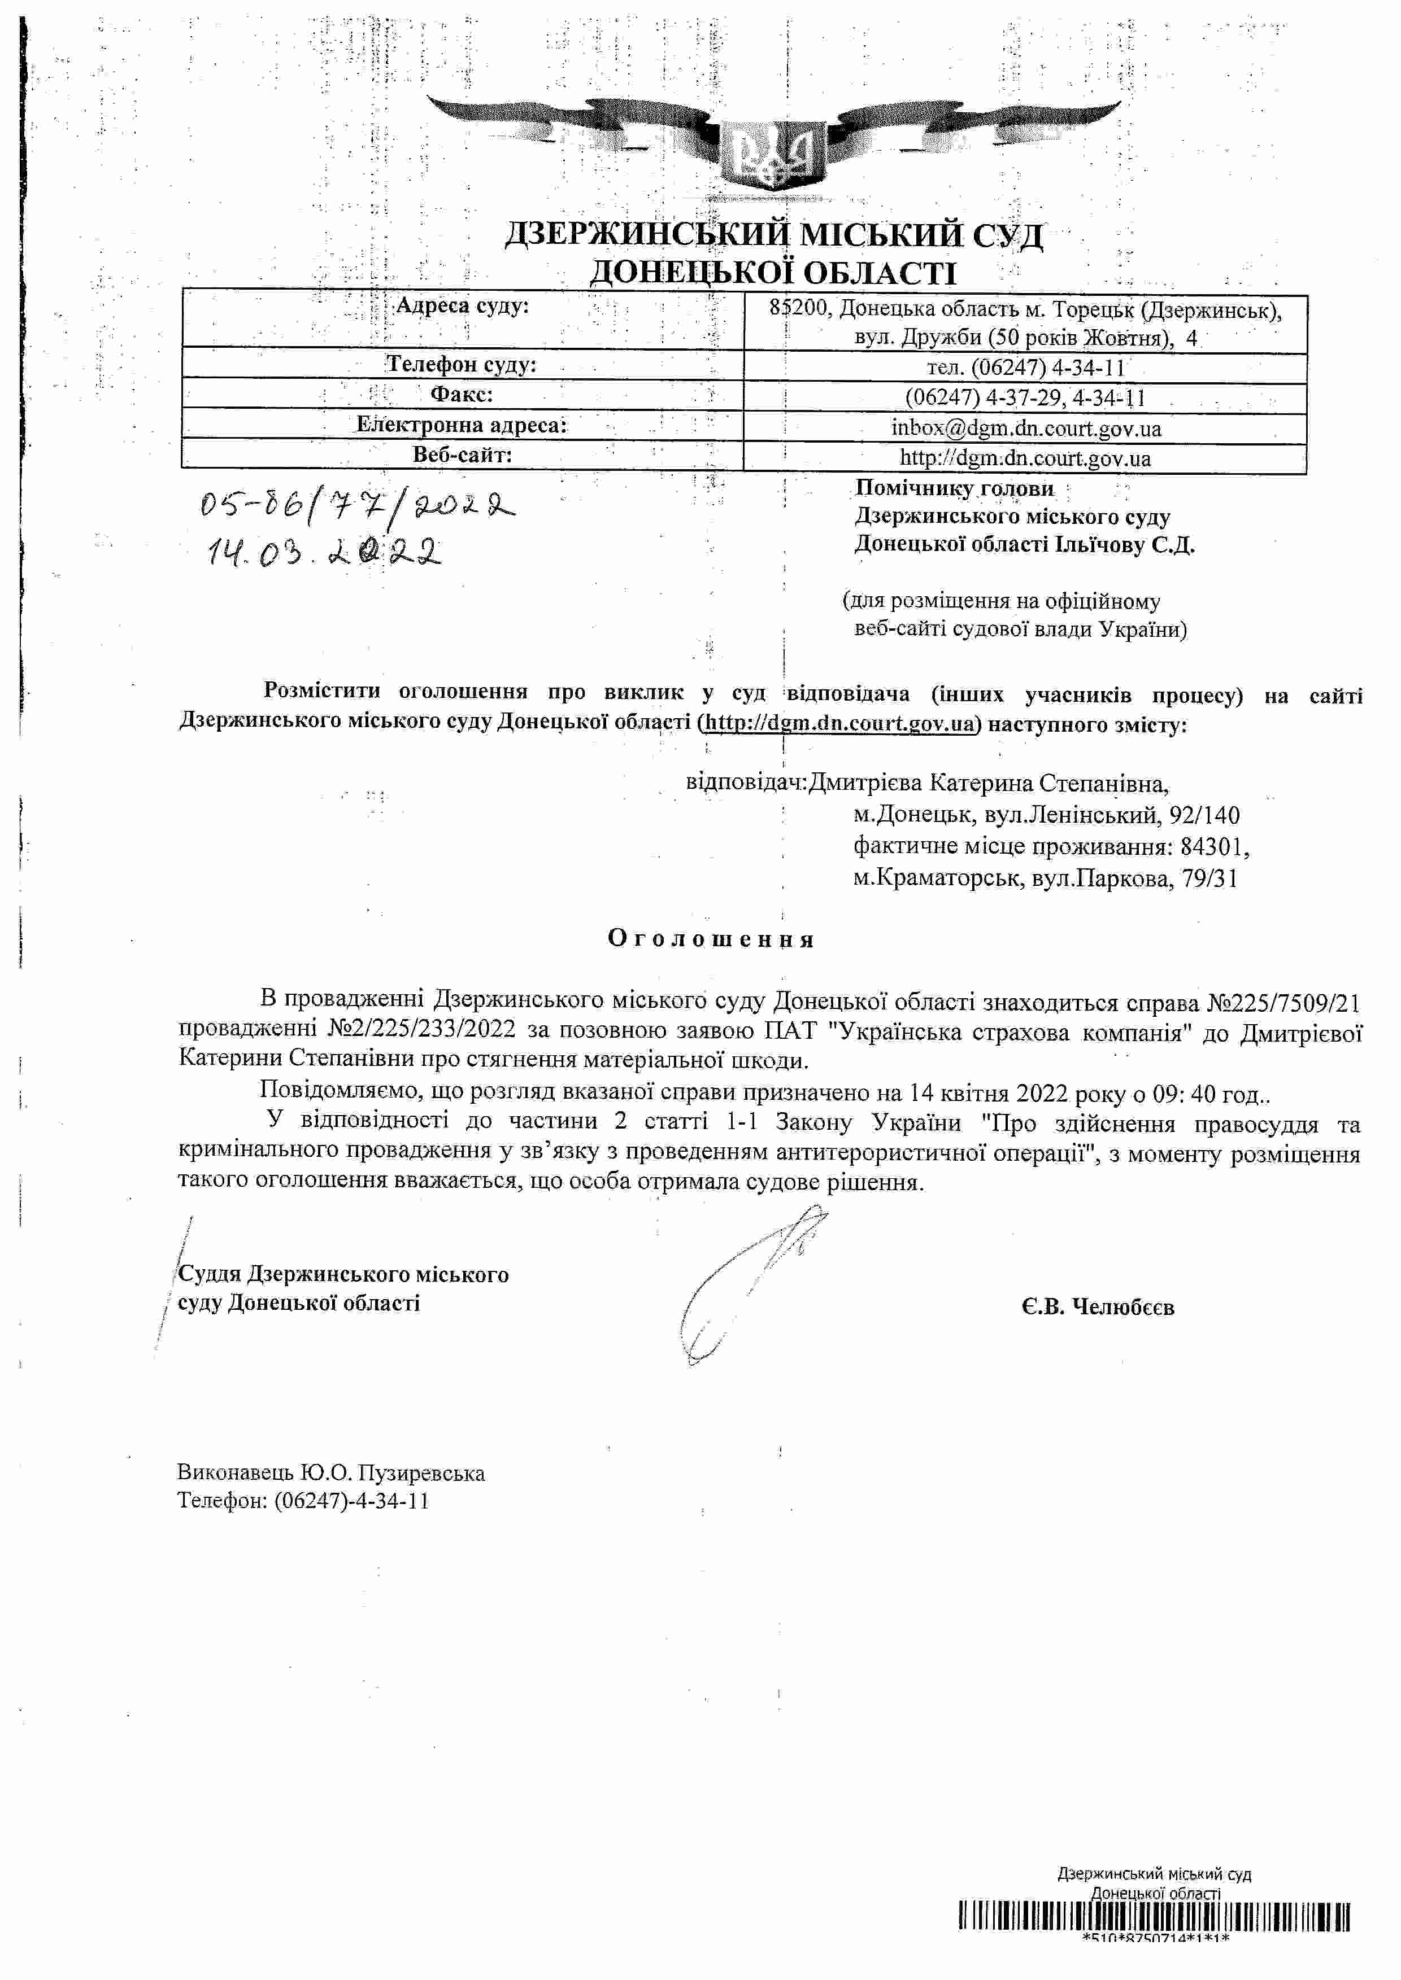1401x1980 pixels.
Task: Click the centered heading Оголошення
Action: pos(711,938)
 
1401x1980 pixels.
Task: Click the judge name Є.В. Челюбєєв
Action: pos(1097,1308)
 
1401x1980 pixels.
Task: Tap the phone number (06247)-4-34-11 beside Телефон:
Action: pos(352,1501)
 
